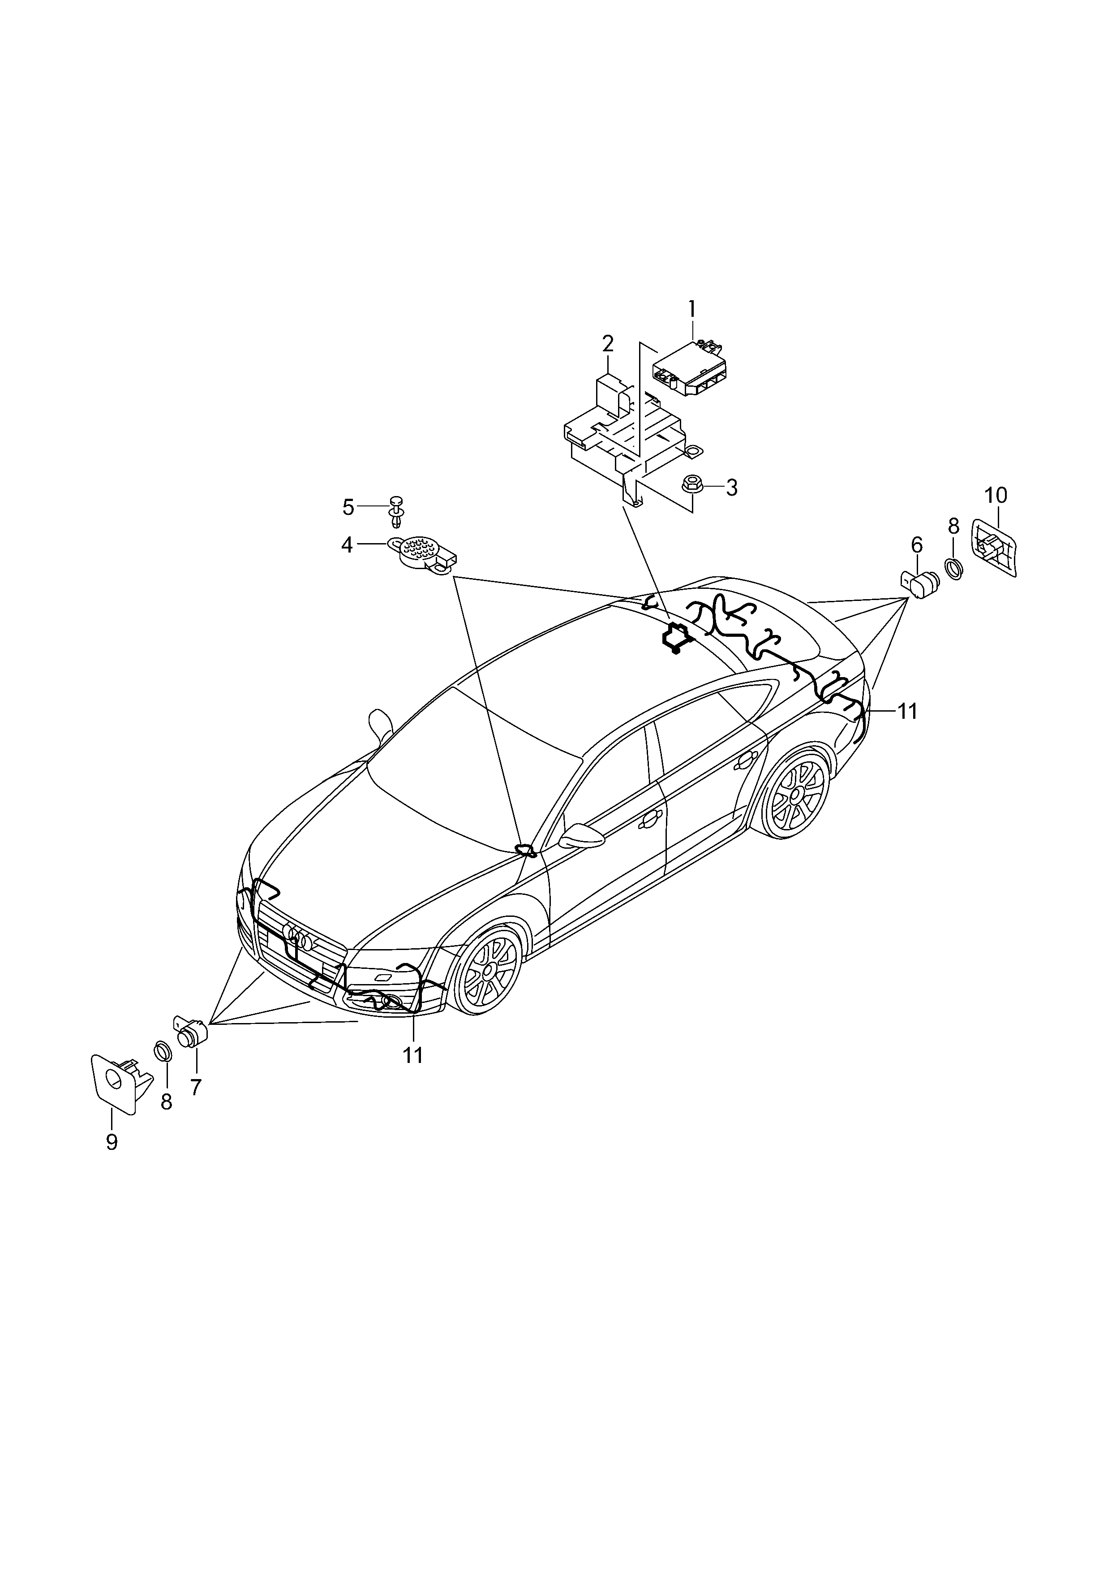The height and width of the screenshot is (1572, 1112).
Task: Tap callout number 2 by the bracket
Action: click(608, 343)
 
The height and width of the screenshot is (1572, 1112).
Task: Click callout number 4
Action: click(347, 545)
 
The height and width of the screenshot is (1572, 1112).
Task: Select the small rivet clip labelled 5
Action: click(396, 510)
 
